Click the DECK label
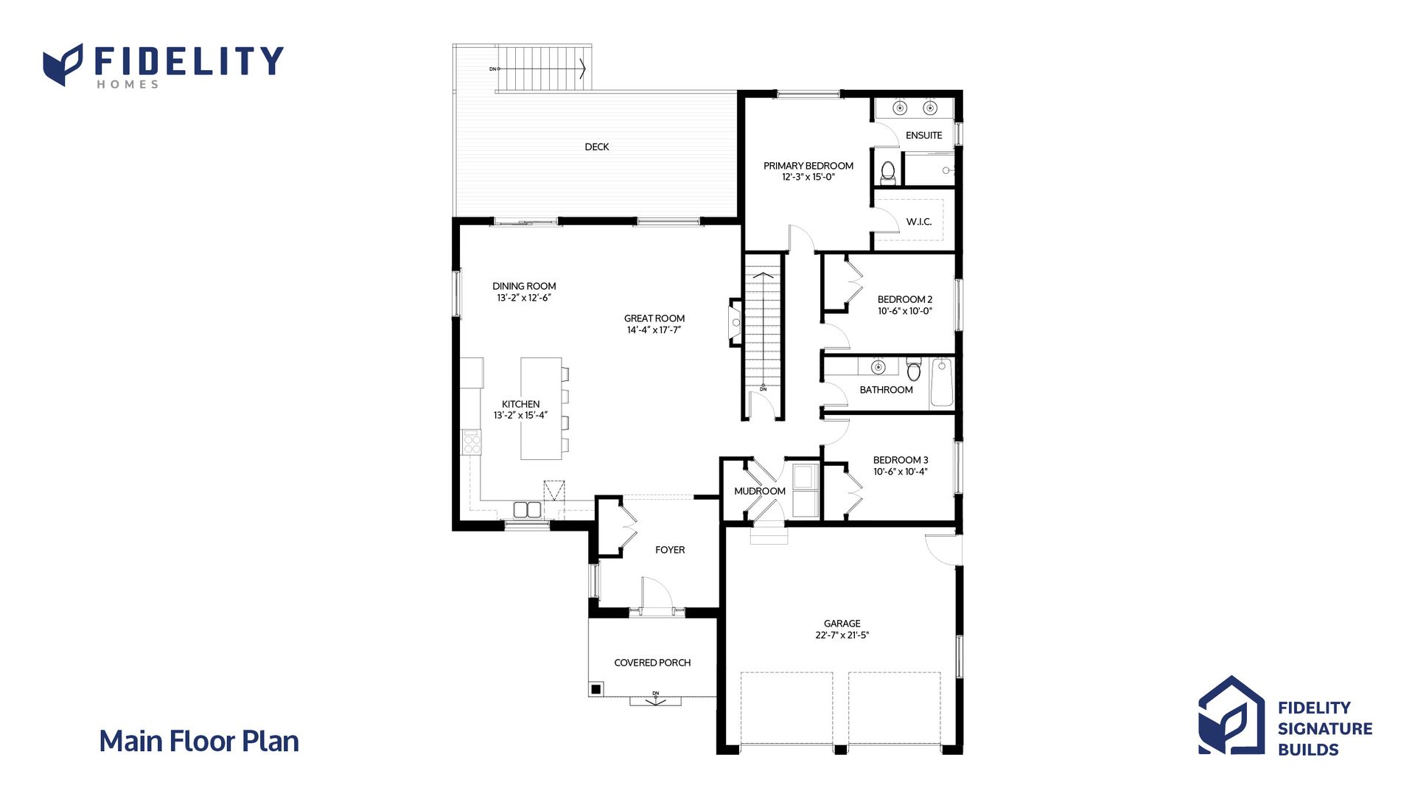[x=597, y=147]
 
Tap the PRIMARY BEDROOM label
[x=808, y=166]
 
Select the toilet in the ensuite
[x=888, y=173]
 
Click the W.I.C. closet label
[x=919, y=222]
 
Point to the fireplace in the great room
[x=735, y=322]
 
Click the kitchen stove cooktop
[x=472, y=441]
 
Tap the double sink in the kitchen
[x=527, y=509]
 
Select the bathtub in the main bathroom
[x=942, y=382]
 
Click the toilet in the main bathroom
[x=914, y=369]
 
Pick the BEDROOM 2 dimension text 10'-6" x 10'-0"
[x=905, y=311]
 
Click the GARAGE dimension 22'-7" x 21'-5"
[x=842, y=635]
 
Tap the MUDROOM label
[x=760, y=491]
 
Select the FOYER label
[x=670, y=550]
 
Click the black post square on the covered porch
[x=595, y=690]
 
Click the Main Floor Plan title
[x=199, y=742]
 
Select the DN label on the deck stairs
[x=493, y=69]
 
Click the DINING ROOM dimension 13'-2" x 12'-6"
[x=524, y=298]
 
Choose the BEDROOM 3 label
[x=901, y=460]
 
